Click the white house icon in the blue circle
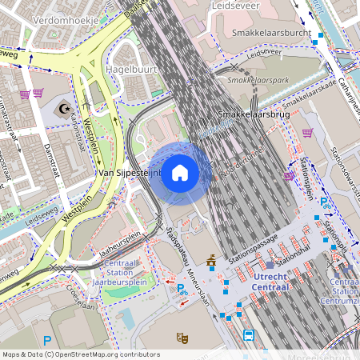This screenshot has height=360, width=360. tap(180, 172)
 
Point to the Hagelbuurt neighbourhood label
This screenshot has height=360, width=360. tap(130, 70)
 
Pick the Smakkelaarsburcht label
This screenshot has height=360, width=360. tap(269, 33)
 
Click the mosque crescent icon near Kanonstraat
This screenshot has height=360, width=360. tap(65, 106)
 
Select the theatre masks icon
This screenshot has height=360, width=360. tap(182, 338)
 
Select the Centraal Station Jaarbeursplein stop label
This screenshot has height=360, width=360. tap(124, 272)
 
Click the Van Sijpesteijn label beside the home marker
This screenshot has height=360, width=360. tap(128, 172)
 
